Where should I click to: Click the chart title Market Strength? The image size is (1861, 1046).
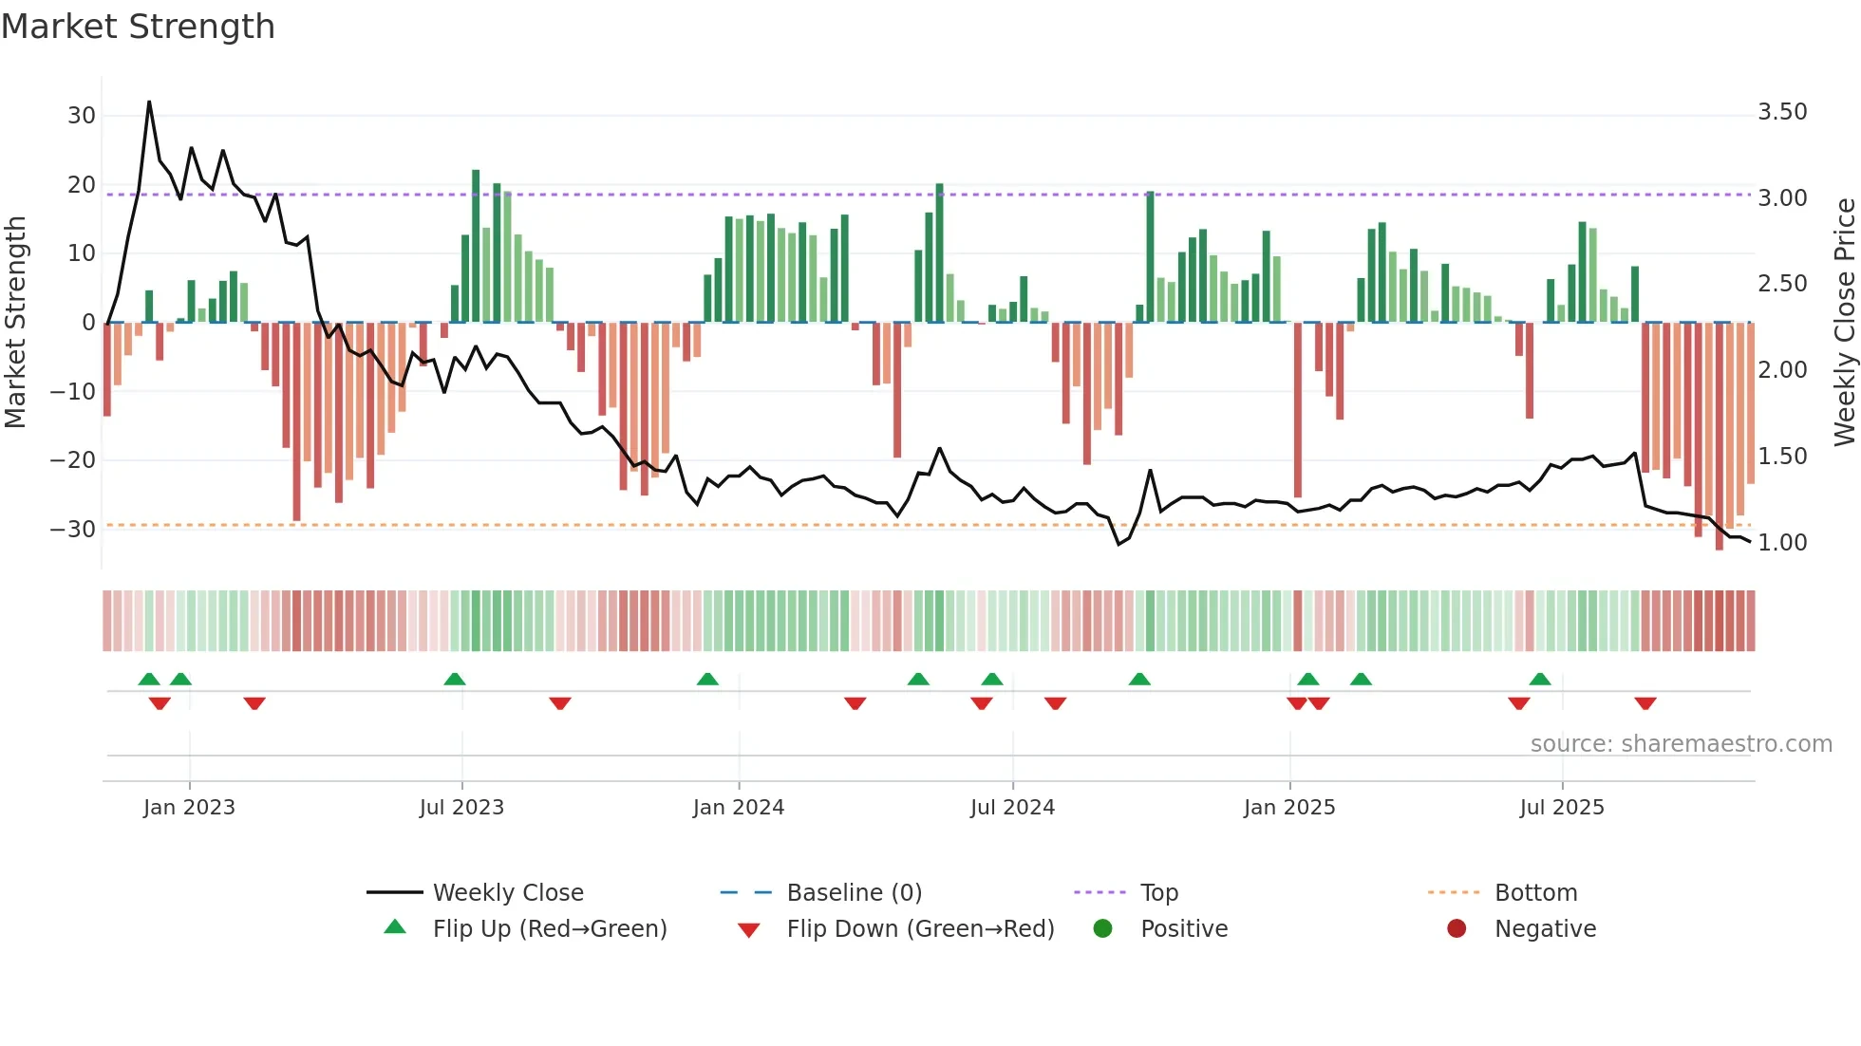click(x=138, y=27)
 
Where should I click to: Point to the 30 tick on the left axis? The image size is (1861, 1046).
click(x=82, y=116)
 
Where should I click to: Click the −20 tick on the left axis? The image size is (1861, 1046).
click(x=73, y=460)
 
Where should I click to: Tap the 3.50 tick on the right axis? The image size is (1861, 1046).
click(x=1782, y=112)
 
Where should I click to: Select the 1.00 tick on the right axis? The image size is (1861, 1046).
click(x=1782, y=543)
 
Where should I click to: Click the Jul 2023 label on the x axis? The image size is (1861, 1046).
click(x=461, y=808)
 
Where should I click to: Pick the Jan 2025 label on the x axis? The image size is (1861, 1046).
click(x=1289, y=808)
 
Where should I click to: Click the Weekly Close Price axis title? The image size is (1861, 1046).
click(x=1844, y=322)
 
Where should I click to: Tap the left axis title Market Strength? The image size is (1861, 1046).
click(x=16, y=322)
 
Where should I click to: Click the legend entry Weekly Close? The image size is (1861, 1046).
click(x=508, y=893)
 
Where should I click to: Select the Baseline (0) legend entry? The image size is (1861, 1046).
click(x=854, y=893)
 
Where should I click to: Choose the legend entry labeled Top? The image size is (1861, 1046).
click(x=1158, y=893)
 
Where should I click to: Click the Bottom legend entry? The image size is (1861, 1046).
click(x=1535, y=893)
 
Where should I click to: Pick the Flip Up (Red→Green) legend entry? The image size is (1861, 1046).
click(x=550, y=929)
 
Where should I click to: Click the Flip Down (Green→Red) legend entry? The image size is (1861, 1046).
click(x=920, y=929)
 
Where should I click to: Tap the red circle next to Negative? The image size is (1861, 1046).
click(x=1457, y=928)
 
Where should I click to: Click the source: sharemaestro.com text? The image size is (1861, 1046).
click(x=1681, y=744)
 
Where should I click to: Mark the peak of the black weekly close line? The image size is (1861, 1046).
click(x=149, y=102)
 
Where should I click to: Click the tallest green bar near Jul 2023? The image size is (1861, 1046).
click(x=476, y=172)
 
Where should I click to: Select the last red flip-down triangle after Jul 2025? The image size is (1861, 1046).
click(x=1645, y=703)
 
